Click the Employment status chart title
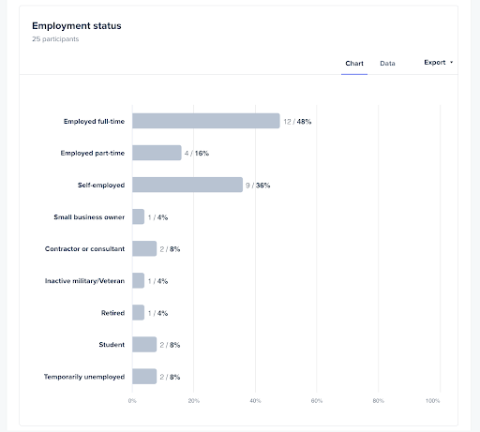click(76, 25)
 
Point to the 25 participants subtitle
click(54, 40)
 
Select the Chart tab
click(354, 64)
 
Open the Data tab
click(387, 64)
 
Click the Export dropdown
click(438, 63)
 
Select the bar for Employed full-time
click(206, 121)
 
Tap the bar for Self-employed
click(187, 185)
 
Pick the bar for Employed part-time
click(157, 153)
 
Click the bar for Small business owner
click(139, 216)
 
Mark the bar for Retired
click(139, 312)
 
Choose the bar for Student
click(144, 344)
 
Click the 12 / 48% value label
click(297, 121)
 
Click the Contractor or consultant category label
click(84, 248)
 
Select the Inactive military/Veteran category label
click(84, 280)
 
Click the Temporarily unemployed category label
click(84, 376)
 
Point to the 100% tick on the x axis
click(432, 401)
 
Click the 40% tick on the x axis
click(255, 401)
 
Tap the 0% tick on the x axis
click(132, 401)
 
